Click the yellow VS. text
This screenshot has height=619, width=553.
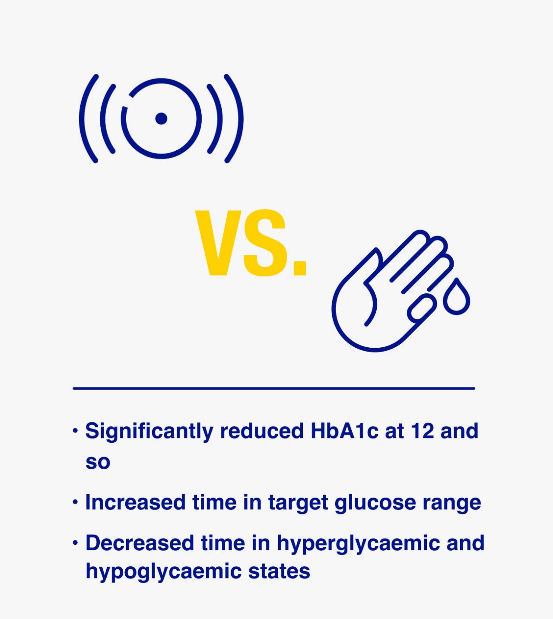(x=251, y=243)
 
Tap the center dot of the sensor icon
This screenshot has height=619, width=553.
(x=161, y=118)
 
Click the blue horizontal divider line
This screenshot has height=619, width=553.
(x=274, y=389)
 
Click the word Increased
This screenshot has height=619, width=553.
(x=135, y=502)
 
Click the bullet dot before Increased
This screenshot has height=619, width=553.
(x=75, y=502)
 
